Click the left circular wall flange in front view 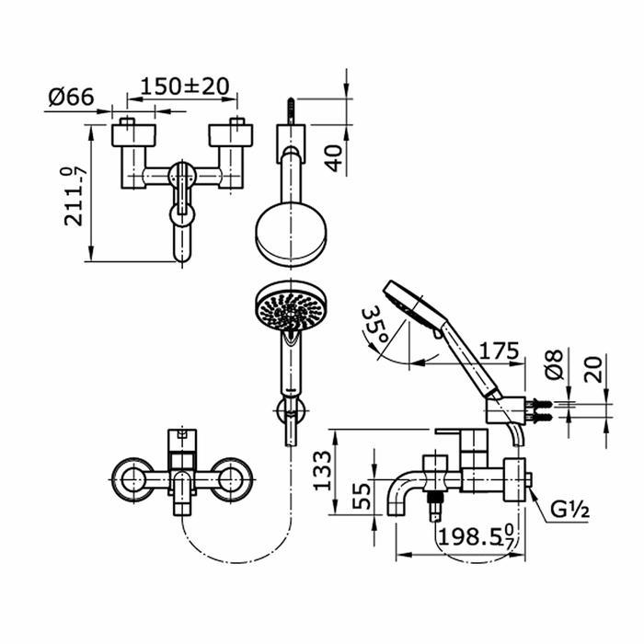click(134, 479)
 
